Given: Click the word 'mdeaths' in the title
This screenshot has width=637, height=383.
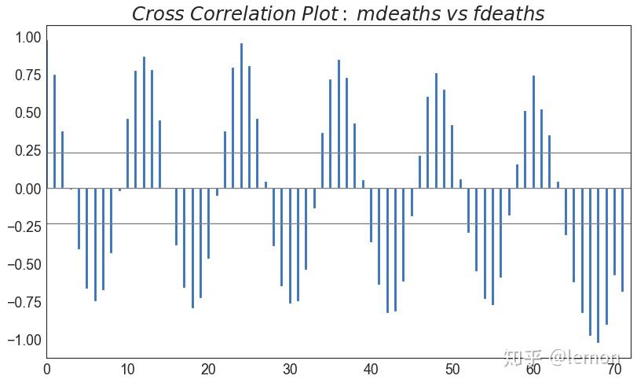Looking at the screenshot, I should point(401,14).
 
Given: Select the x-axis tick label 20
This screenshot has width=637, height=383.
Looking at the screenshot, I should point(209,369).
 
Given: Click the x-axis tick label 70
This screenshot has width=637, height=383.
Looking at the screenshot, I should point(614,369).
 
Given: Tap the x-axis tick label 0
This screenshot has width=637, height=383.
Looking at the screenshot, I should point(47,369).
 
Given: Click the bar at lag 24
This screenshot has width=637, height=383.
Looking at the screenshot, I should point(241,118).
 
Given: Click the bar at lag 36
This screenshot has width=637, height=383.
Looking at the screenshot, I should point(339,125).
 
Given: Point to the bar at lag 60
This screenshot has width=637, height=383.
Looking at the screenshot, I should point(533,133).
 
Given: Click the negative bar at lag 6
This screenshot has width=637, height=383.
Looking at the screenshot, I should point(95,245).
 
